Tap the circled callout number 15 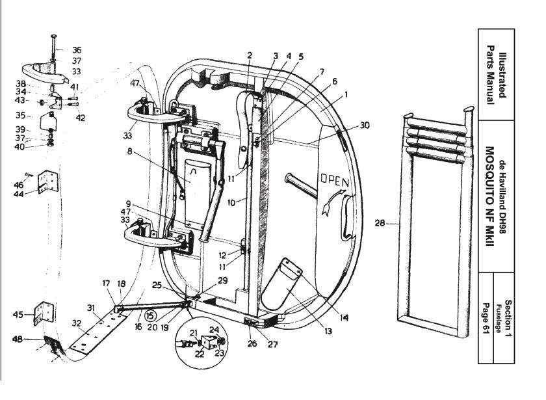(x=150, y=316)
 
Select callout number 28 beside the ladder (x=380, y=222)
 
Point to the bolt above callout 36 (x=53, y=47)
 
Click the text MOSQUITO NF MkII (x=489, y=197)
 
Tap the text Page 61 (x=486, y=319)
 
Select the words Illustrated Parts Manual (x=496, y=75)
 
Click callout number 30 (x=365, y=125)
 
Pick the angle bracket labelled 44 (x=47, y=181)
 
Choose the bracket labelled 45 (x=43, y=313)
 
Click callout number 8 (x=129, y=152)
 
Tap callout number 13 (x=328, y=331)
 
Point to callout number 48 (x=18, y=339)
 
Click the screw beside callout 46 (x=29, y=174)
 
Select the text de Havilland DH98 (x=502, y=196)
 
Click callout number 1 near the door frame (x=346, y=94)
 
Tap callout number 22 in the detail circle (x=199, y=354)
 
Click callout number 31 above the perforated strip (x=91, y=308)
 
